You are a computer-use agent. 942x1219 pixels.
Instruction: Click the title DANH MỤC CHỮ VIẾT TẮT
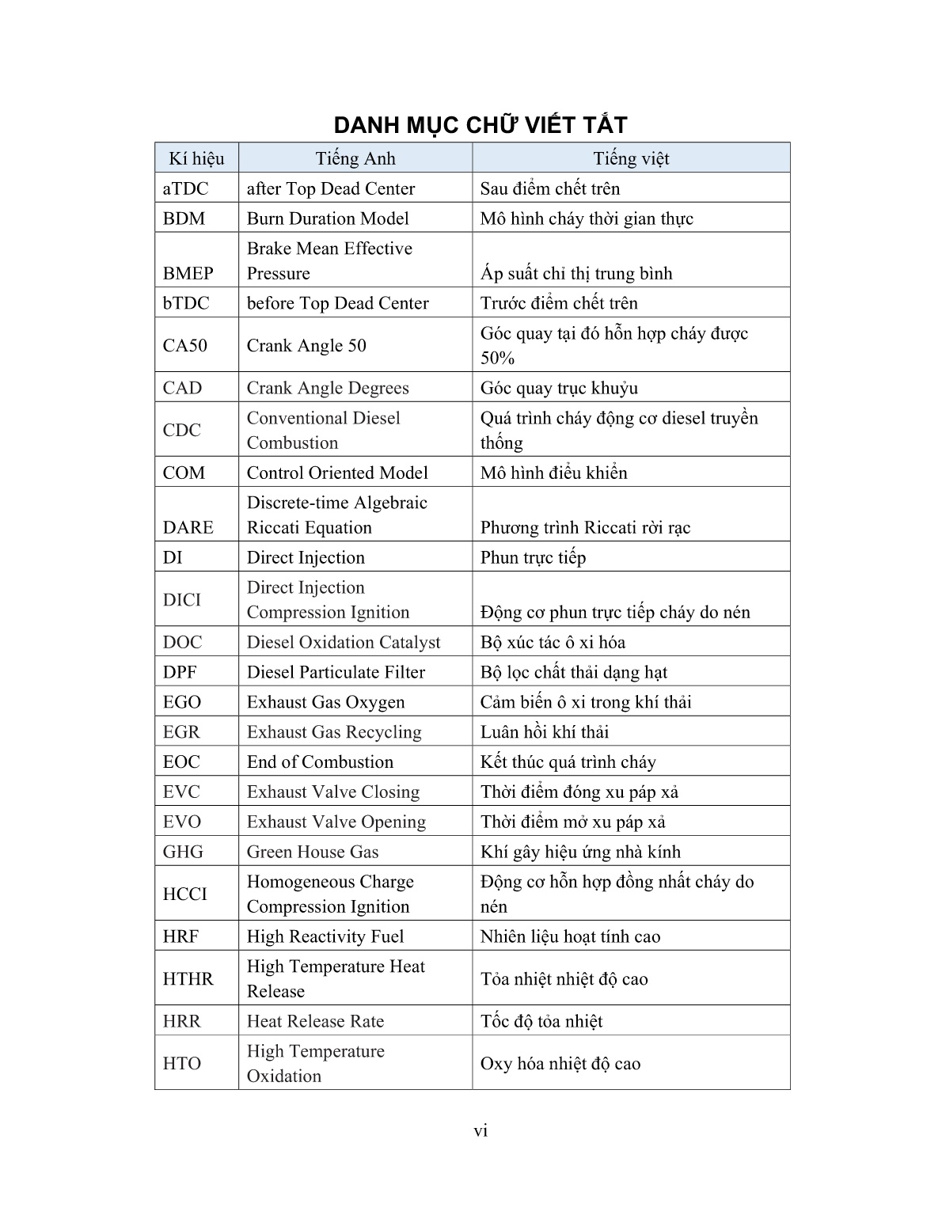click(x=480, y=125)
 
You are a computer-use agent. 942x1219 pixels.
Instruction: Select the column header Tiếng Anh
click(x=355, y=158)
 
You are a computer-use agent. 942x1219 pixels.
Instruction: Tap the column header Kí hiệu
click(x=196, y=158)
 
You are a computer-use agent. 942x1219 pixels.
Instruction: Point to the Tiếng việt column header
click(x=631, y=158)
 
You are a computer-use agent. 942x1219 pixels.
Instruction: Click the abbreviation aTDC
click(x=185, y=188)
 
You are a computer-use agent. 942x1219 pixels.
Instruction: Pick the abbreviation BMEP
click(x=188, y=273)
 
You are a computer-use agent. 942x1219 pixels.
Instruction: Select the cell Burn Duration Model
click(x=328, y=218)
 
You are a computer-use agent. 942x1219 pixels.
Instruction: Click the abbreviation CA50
click(x=184, y=345)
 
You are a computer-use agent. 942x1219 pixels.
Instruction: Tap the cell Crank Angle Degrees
click(x=328, y=388)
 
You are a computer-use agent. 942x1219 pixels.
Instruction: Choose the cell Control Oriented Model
click(x=337, y=473)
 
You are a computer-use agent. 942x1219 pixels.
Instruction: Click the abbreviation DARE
click(x=188, y=527)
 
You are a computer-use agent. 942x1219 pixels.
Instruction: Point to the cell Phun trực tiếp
click(x=533, y=557)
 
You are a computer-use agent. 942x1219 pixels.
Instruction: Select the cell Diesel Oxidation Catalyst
click(x=344, y=642)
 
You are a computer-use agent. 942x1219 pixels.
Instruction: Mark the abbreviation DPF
click(x=180, y=672)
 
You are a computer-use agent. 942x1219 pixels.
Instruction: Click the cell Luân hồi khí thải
click(x=544, y=732)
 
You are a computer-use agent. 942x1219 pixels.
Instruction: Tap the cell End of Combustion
click(x=320, y=761)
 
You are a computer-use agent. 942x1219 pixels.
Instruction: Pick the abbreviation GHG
click(x=183, y=852)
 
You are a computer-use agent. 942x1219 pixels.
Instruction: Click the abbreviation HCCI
click(x=184, y=894)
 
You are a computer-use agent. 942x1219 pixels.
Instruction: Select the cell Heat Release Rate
click(x=315, y=1021)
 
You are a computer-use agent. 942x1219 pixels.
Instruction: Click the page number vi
click(x=480, y=1130)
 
